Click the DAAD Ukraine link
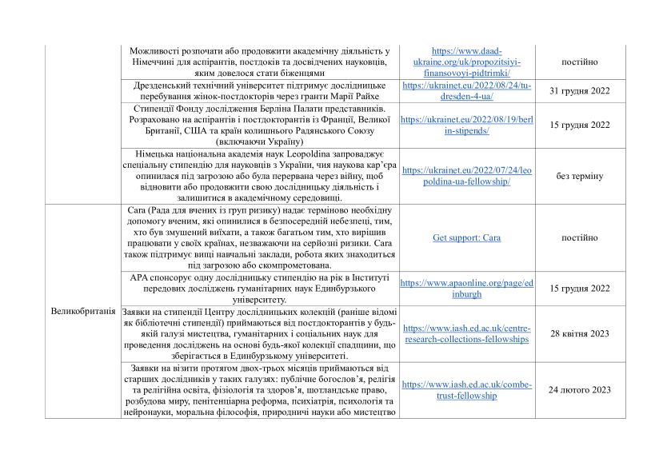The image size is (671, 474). click(467, 62)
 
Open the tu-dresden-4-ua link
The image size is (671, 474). click(467, 90)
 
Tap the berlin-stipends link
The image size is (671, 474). click(467, 125)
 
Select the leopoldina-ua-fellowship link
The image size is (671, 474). click(467, 176)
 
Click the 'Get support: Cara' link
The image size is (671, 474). click(467, 237)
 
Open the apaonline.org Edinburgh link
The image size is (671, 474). click(467, 288)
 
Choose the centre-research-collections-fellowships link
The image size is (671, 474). click(467, 333)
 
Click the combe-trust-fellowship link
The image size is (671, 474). click(467, 389)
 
